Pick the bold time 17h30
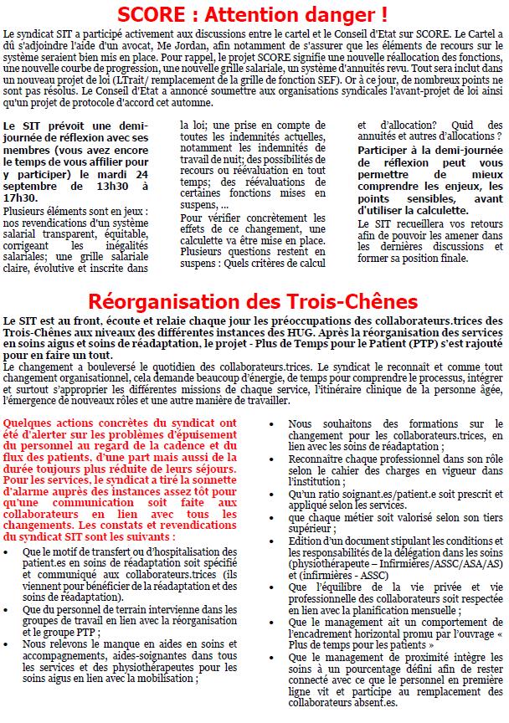click(x=20, y=198)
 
